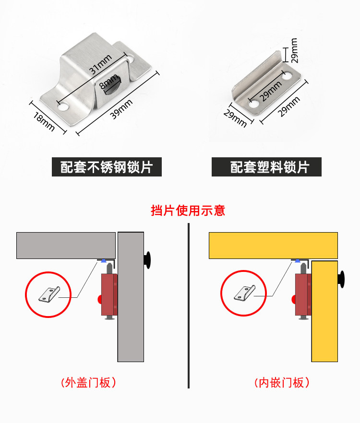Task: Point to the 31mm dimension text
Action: [x=101, y=65]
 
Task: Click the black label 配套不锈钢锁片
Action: [x=107, y=167]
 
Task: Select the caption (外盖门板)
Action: [x=88, y=383]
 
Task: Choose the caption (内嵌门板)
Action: [x=281, y=383]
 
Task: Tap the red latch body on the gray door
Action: [x=108, y=294]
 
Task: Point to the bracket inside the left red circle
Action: [x=50, y=294]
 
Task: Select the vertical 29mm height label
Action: [x=294, y=50]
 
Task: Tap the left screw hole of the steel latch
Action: [x=63, y=106]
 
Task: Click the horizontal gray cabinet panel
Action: [x=66, y=245]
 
